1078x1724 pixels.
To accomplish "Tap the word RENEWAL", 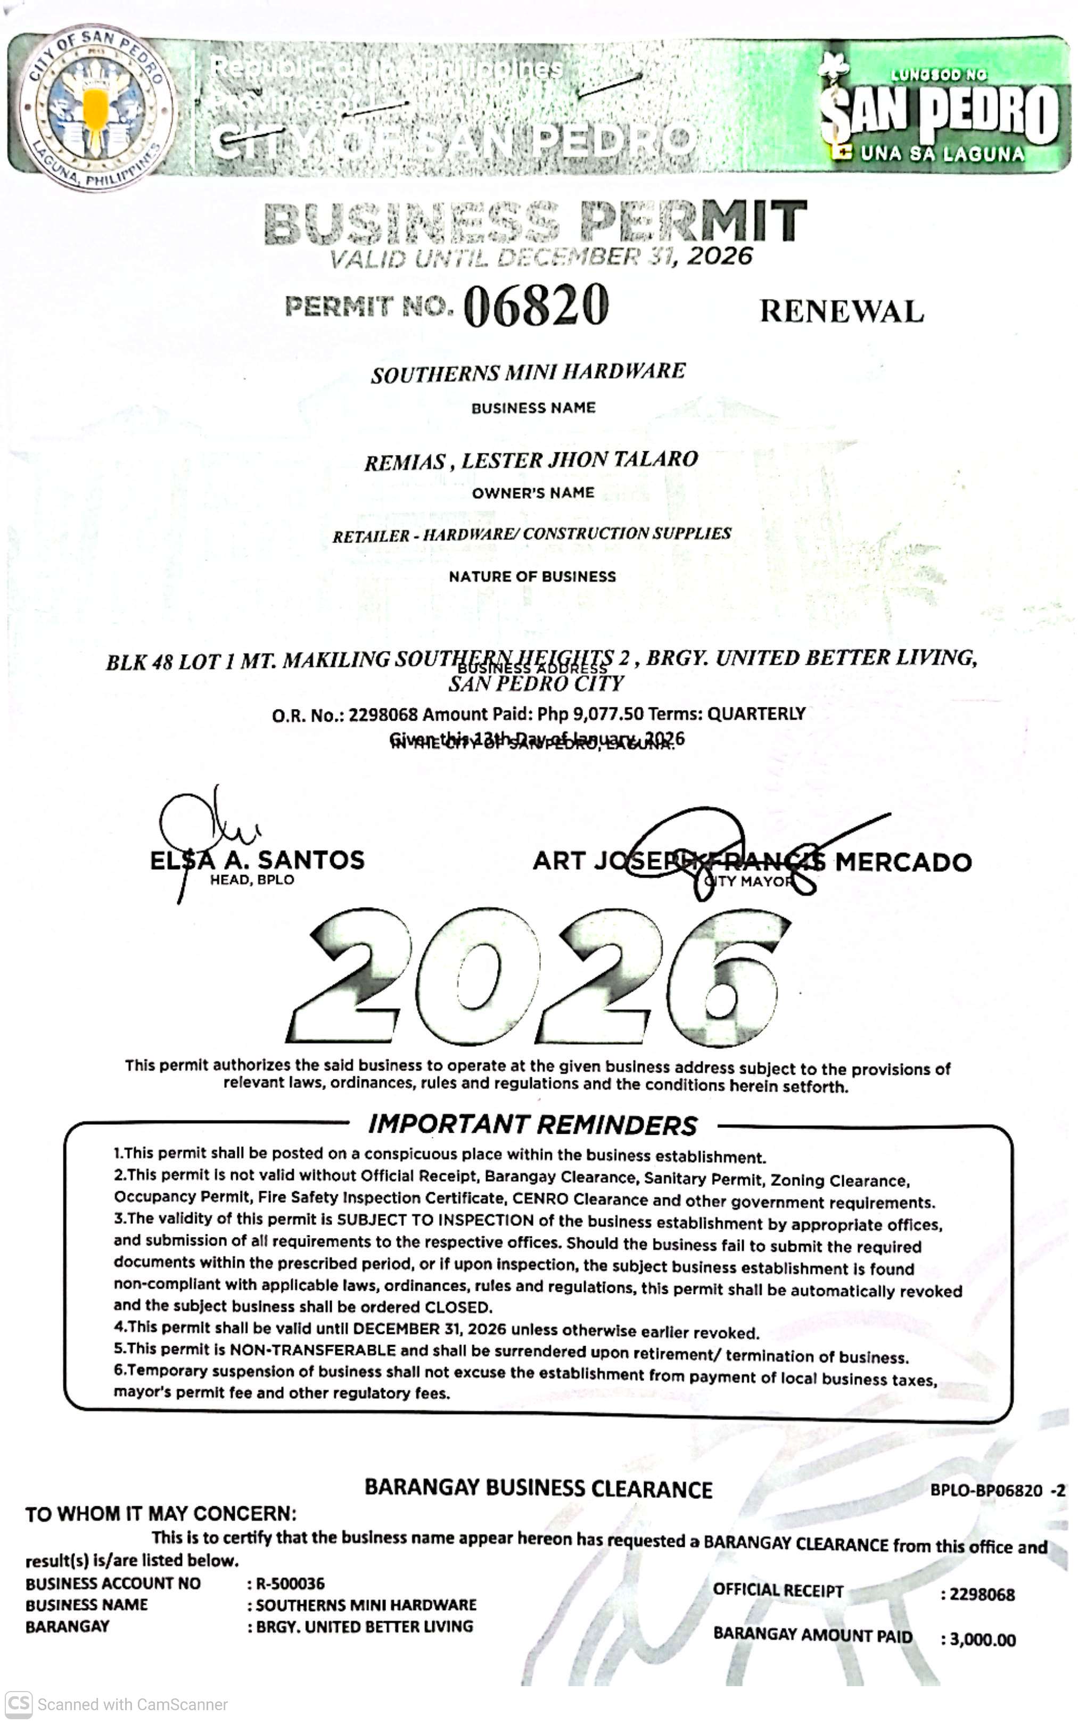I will (x=841, y=311).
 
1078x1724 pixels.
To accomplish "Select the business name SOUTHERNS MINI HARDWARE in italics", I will (x=528, y=372).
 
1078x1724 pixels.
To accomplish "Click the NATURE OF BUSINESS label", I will (x=532, y=576).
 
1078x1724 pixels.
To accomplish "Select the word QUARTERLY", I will (x=756, y=714).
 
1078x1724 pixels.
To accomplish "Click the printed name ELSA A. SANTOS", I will (x=257, y=860).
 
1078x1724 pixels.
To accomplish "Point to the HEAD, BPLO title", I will (x=252, y=880).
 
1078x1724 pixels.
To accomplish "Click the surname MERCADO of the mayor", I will (x=903, y=862).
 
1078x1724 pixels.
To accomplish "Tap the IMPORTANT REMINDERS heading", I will (x=532, y=1125).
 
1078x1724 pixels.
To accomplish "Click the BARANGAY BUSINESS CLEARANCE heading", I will (x=538, y=1489).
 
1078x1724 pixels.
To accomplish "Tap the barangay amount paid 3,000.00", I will (x=983, y=1640).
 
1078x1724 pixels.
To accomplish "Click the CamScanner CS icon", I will (x=19, y=1704).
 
